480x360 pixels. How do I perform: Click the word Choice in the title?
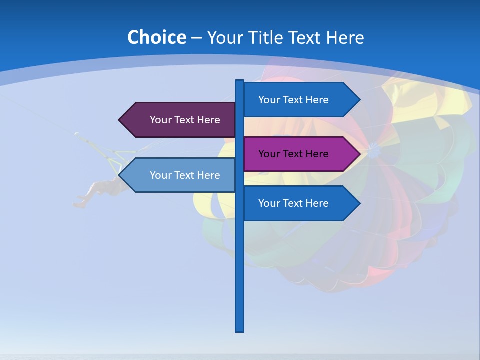coord(156,37)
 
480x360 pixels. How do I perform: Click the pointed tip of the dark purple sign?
coord(120,120)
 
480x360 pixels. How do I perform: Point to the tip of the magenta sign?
coord(359,154)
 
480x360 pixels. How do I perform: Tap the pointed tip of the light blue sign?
coord(120,175)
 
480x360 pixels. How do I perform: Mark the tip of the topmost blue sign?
coord(359,100)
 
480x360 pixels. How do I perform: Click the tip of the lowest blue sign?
coord(359,203)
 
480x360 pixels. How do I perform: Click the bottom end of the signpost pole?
coord(240,330)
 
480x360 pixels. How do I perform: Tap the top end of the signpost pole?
coord(240,81)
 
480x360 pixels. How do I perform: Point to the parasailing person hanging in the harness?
coord(100,190)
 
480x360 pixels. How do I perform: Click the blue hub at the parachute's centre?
coord(373,148)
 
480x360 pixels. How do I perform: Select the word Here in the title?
coord(345,37)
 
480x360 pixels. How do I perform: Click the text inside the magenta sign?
coord(293,154)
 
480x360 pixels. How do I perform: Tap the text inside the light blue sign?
coord(185,175)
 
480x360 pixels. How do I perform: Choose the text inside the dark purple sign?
coord(185,120)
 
